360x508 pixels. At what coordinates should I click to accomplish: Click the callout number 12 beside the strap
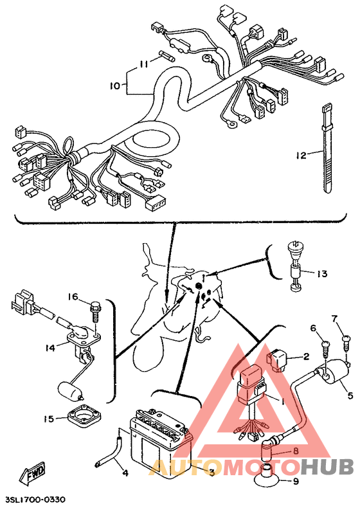301,155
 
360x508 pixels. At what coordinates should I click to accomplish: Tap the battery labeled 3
161,440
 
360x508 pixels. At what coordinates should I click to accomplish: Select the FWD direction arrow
32,472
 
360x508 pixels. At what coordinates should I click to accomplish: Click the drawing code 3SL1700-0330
35,499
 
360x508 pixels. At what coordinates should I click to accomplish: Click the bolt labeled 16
95,311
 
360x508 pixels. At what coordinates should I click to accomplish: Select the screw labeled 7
346,343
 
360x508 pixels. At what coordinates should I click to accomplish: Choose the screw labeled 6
327,347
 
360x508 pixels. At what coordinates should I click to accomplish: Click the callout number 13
321,274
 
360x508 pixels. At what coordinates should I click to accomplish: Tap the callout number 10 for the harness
115,86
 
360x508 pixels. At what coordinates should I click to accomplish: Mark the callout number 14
50,348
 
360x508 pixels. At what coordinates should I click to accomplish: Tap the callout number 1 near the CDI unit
283,401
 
